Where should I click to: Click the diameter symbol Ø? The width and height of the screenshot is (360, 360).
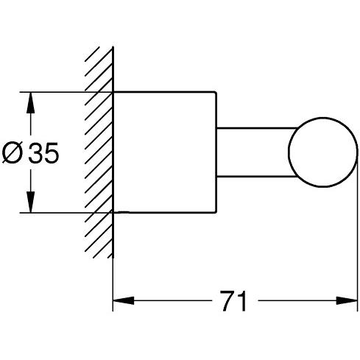[x=13, y=152]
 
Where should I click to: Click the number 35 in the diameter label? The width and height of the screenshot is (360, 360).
[x=43, y=152]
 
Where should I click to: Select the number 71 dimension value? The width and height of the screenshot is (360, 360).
[x=233, y=301]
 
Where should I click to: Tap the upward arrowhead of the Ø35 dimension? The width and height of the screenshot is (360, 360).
[x=30, y=103]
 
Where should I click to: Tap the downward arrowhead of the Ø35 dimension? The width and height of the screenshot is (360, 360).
[x=30, y=202]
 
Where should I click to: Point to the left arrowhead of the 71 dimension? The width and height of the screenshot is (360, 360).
[x=124, y=300]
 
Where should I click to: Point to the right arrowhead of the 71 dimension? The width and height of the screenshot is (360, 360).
[x=347, y=300]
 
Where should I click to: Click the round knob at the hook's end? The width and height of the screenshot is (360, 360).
[x=322, y=152]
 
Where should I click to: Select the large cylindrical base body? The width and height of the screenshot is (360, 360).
[x=165, y=152]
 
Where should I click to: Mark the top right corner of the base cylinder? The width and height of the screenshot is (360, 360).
[x=216, y=92]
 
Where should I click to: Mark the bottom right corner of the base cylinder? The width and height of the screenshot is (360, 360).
[x=216, y=213]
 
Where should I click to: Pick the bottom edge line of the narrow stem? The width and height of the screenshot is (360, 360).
[x=256, y=176]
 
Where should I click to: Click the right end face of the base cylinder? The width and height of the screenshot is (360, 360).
[x=216, y=152]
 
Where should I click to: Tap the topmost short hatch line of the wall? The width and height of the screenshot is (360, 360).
[x=92, y=54]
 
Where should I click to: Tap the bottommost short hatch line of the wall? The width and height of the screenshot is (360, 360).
[x=110, y=255]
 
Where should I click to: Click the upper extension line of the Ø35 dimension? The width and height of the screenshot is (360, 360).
[x=66, y=92]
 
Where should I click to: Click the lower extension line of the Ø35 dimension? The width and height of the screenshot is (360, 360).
[x=66, y=213]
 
